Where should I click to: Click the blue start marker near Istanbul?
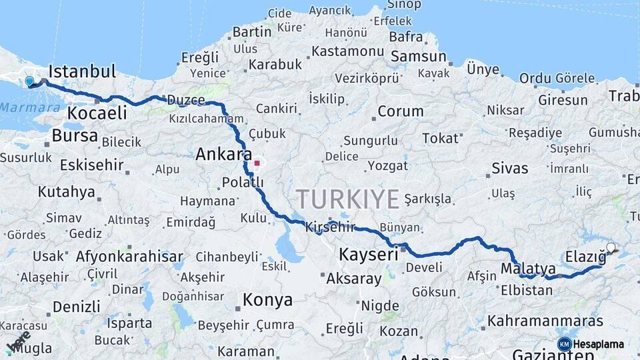[x=29, y=81]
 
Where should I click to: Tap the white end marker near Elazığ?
[x=611, y=247]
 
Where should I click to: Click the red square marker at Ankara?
[x=257, y=162]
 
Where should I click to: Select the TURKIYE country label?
[x=348, y=199]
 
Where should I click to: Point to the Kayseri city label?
[x=368, y=254]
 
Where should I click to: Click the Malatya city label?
[x=528, y=269]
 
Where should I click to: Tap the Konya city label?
[x=267, y=300]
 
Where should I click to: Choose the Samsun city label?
[x=418, y=57]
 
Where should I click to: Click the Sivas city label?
[x=509, y=167]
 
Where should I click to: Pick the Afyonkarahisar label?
[x=129, y=256]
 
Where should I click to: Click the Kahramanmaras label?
[x=545, y=321]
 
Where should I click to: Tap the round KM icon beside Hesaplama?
[x=564, y=344]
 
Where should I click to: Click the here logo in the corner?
[x=17, y=341]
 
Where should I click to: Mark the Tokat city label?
[x=441, y=138]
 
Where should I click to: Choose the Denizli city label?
[x=77, y=307]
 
